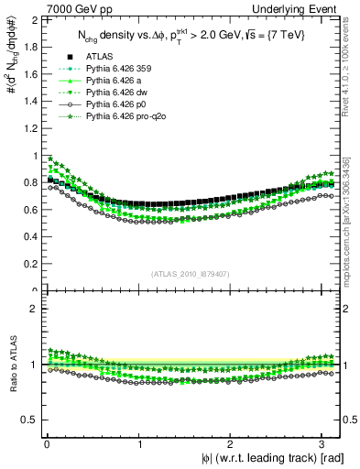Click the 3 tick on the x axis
322,444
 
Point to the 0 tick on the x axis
47,444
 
